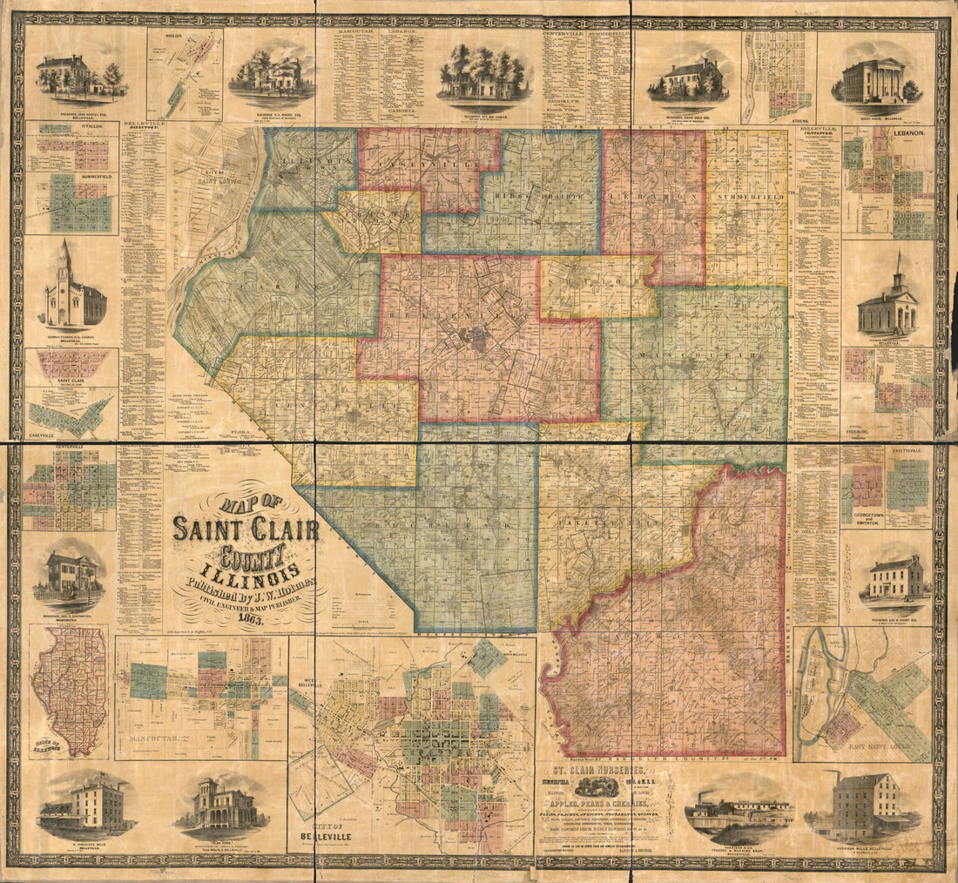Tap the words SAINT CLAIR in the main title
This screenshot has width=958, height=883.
246,529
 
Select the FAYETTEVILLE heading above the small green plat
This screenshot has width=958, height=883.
907,451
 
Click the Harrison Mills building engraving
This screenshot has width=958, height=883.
864,805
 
